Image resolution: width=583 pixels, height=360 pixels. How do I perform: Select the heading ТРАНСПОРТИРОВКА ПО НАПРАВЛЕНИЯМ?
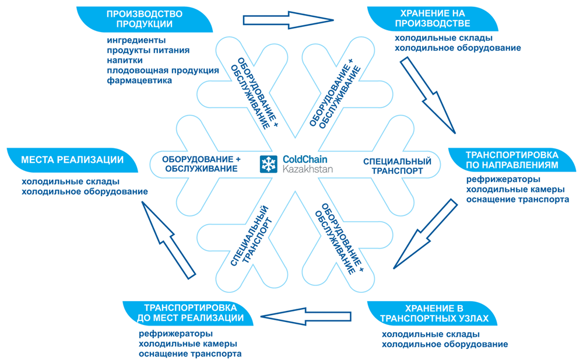point(512,160)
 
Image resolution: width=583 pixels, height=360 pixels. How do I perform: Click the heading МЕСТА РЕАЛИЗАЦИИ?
point(72,160)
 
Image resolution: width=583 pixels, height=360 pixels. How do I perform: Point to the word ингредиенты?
point(136,40)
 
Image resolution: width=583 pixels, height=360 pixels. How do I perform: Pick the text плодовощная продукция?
point(163,70)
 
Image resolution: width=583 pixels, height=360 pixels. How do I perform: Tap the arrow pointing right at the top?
point(288,19)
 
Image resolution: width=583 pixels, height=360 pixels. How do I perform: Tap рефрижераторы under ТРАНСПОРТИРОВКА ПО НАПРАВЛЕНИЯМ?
point(503,179)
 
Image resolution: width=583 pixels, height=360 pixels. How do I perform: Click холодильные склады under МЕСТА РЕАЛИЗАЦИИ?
point(71,181)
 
